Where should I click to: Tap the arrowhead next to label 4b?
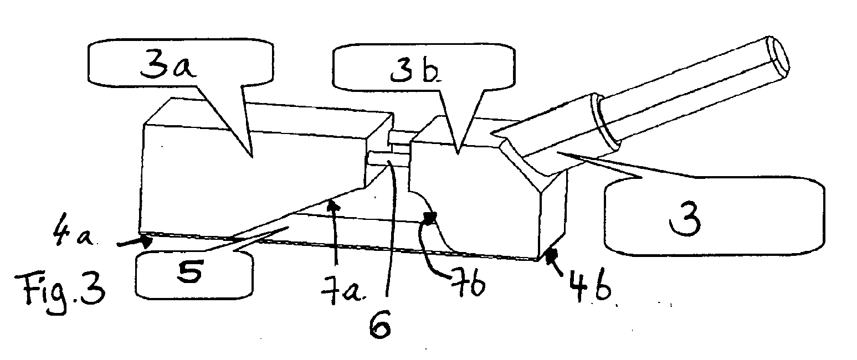pos(552,256)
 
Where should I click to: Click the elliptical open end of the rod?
pos(777,56)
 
